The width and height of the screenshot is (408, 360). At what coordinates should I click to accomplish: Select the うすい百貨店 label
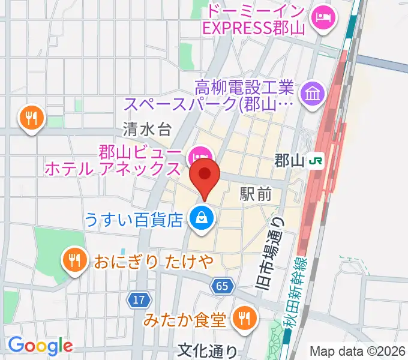pos(133,220)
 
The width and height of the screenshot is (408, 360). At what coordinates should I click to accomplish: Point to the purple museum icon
pos(314,93)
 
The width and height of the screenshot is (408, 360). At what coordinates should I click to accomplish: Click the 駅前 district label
pos(256,194)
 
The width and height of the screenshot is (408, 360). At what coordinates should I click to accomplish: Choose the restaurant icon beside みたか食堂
pos(243,317)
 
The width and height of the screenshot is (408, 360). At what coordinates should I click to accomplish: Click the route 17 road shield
pos(139,298)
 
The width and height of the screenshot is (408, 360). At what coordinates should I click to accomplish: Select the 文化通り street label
pos(208,350)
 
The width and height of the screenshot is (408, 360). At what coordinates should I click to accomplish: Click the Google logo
pos(40,346)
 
